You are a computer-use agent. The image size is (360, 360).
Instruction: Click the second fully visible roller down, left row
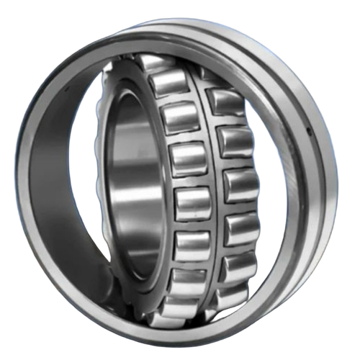coord(179,117)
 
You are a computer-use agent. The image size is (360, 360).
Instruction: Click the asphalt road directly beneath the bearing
coord(180,342)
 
